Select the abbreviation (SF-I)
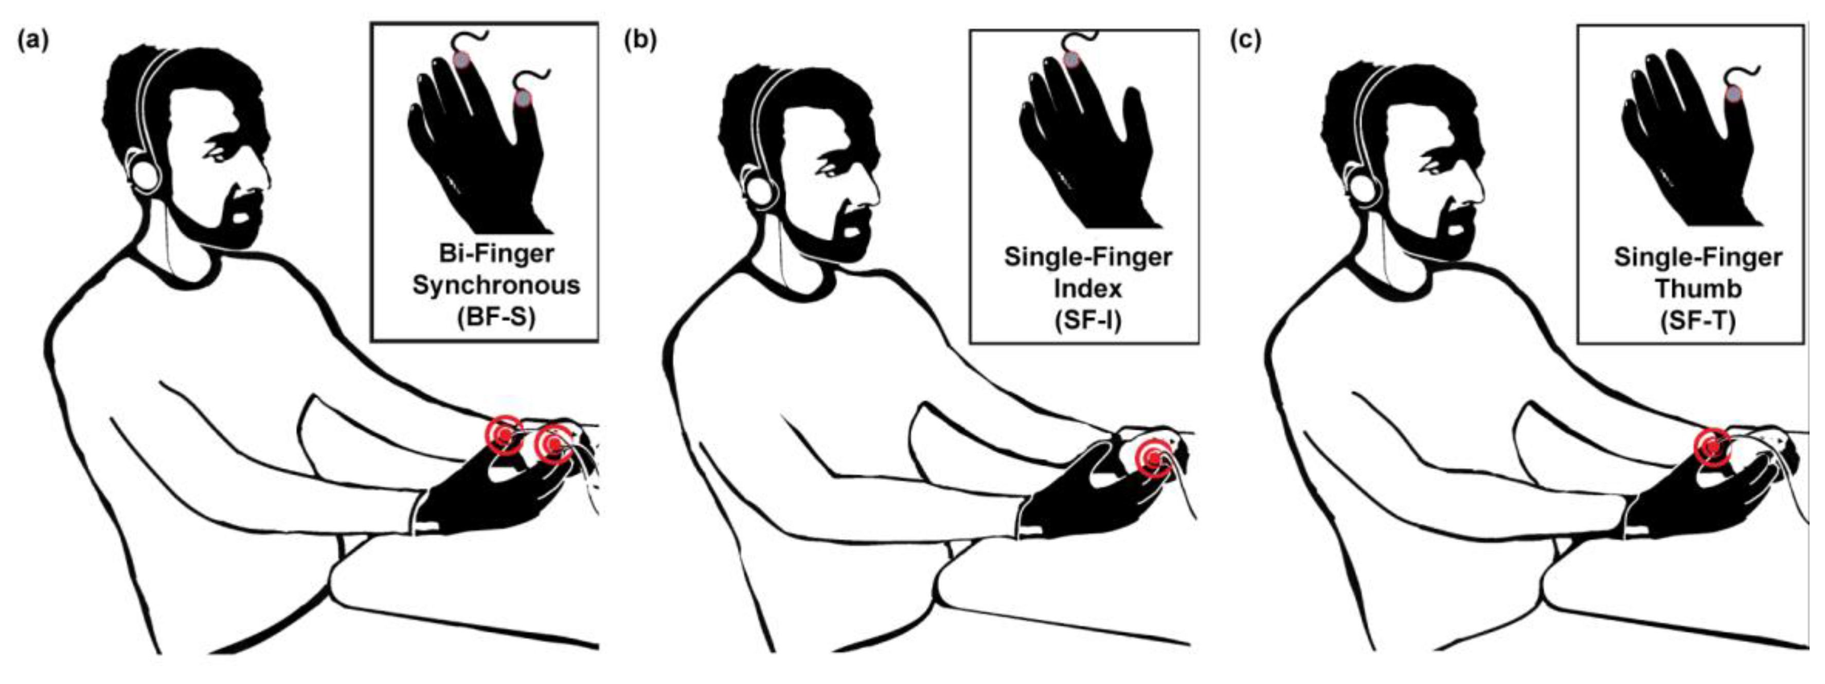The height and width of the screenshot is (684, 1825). pos(1087,320)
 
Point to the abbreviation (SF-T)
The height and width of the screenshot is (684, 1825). pos(1697,320)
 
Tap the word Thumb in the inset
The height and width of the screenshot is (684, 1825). pos(1698,288)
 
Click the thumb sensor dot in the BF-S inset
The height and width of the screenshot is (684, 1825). pos(522,99)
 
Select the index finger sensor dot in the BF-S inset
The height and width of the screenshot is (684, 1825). pos(461,60)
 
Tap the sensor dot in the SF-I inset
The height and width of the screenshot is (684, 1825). pos(1071,60)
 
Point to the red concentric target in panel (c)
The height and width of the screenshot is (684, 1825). pos(1712,447)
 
